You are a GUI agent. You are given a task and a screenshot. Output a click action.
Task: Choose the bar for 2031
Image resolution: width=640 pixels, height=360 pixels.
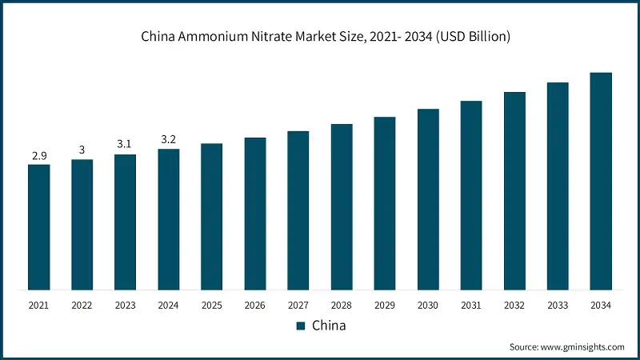pos(471,195)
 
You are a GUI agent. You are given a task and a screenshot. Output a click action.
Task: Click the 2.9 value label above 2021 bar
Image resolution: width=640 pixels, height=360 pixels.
pos(39,155)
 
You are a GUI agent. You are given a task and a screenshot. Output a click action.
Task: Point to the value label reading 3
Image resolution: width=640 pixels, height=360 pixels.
pos(82,150)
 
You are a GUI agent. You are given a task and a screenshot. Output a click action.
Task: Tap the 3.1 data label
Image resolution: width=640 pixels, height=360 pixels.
pos(126,145)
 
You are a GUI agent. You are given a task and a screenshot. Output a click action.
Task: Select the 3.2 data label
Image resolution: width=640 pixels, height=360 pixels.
pos(169,139)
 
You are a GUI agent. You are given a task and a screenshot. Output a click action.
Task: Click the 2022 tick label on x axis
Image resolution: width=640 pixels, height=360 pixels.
pos(82,305)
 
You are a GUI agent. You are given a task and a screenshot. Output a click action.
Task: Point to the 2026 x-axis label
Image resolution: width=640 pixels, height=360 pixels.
pos(255,305)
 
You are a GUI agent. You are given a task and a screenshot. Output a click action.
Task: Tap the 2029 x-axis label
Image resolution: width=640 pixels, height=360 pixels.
pos(385,305)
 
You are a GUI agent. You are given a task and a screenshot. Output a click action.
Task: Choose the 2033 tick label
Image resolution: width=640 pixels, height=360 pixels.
pos(558,305)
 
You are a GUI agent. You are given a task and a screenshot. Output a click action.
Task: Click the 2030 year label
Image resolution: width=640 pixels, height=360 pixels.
pos(428,305)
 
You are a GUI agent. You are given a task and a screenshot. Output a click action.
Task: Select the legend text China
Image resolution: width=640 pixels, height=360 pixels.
pos(328,326)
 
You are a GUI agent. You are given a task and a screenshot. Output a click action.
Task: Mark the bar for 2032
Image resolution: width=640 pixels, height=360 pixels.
pos(514,190)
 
